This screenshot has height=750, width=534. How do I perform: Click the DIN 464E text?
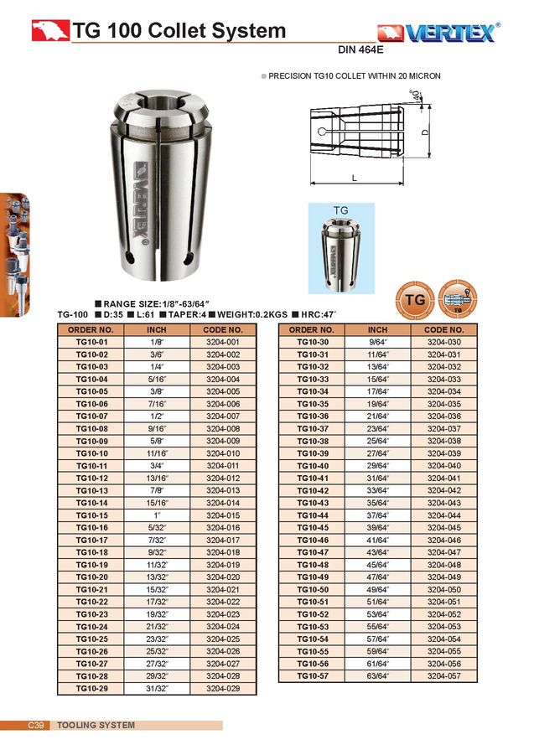click(x=361, y=49)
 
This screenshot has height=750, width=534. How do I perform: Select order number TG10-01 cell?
click(x=92, y=343)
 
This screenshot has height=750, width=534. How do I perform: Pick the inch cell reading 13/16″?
click(x=157, y=478)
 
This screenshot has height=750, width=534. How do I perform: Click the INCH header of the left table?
click(x=157, y=330)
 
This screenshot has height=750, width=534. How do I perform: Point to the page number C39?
click(x=37, y=725)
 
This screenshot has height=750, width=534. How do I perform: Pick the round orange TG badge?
click(x=414, y=299)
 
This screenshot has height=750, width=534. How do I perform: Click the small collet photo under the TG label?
click(x=346, y=252)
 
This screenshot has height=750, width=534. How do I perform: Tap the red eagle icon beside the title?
click(x=49, y=32)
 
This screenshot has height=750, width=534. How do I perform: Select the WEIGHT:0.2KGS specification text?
click(x=248, y=314)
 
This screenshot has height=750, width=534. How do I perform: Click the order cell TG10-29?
click(x=92, y=688)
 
